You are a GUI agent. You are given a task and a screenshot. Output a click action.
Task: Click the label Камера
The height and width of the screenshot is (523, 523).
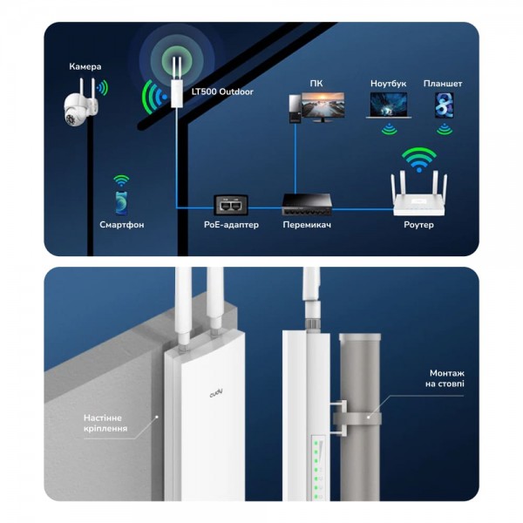point(85,67)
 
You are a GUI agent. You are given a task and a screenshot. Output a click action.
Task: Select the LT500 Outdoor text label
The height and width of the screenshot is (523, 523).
point(223,91)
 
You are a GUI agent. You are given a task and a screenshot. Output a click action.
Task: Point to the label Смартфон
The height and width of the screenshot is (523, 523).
point(121,225)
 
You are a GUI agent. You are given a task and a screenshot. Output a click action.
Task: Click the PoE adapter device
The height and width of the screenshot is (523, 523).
point(233,206)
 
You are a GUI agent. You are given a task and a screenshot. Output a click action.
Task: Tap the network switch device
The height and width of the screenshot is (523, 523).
point(307,206)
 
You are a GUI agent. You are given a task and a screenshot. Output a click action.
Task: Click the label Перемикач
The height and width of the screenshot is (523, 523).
point(307,225)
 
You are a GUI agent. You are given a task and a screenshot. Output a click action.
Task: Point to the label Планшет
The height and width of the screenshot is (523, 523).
point(443,84)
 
